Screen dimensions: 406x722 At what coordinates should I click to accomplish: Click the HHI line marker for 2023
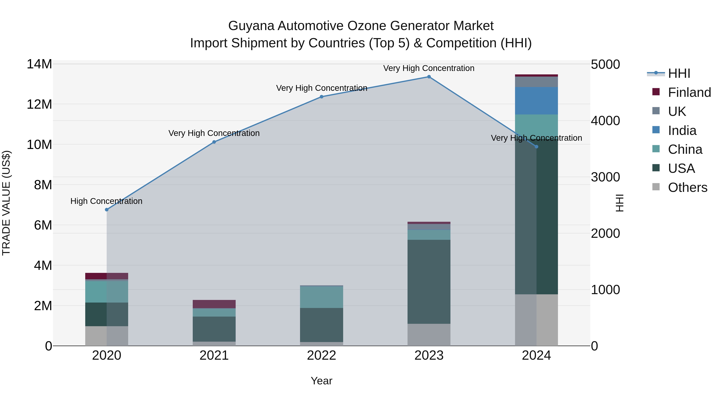429,77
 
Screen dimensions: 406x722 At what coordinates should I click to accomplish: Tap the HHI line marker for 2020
106,210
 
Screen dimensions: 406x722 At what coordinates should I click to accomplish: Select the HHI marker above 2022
321,97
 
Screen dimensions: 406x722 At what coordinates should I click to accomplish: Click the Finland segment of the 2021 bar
214,304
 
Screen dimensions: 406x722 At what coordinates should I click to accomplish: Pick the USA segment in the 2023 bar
429,282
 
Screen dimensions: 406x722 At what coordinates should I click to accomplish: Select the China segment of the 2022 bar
321,297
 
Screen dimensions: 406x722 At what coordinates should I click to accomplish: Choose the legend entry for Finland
689,92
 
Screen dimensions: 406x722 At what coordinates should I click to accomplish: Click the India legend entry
682,131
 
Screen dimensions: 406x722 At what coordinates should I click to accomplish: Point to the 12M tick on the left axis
39,104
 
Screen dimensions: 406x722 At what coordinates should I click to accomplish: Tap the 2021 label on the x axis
214,355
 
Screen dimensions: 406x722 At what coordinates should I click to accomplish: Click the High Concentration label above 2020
106,201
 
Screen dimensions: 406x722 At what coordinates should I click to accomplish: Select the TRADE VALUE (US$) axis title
6,203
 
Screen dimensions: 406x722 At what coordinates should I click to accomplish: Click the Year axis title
321,381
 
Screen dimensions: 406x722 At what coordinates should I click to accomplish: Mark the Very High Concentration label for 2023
429,68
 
